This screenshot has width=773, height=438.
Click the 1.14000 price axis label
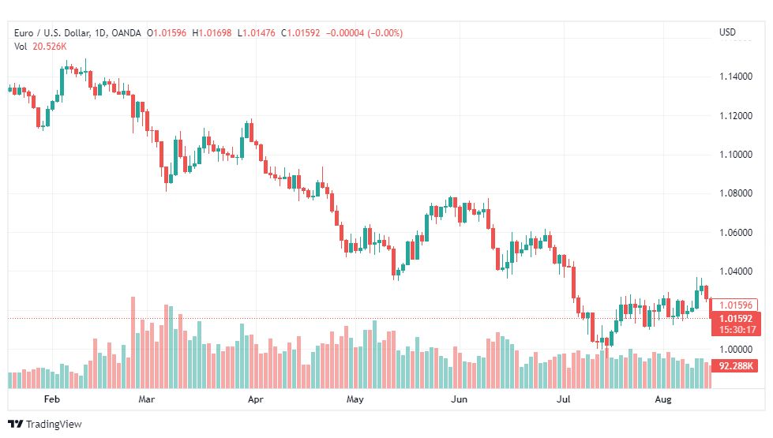tap(736, 77)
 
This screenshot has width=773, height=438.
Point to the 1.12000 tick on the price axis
tap(736, 116)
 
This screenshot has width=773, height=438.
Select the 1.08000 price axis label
tap(736, 193)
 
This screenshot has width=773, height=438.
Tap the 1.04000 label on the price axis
tap(736, 271)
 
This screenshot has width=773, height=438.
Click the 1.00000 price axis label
tap(736, 350)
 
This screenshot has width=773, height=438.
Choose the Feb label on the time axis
tap(52, 399)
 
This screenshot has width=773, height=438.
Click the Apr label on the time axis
tap(255, 399)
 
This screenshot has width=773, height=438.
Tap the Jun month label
tap(459, 399)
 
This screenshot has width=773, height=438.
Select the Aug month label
tap(663, 399)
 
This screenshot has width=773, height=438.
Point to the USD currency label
tap(727, 32)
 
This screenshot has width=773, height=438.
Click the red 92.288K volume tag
tap(736, 366)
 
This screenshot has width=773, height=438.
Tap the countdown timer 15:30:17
tap(737, 330)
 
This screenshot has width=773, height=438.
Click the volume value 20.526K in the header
tap(49, 47)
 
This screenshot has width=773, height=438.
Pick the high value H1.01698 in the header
tap(212, 33)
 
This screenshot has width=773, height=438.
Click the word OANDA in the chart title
tap(126, 33)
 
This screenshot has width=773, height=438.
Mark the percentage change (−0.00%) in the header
tap(385, 33)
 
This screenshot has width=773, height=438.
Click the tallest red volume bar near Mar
tap(133, 343)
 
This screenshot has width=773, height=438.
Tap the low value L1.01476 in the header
tap(257, 33)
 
